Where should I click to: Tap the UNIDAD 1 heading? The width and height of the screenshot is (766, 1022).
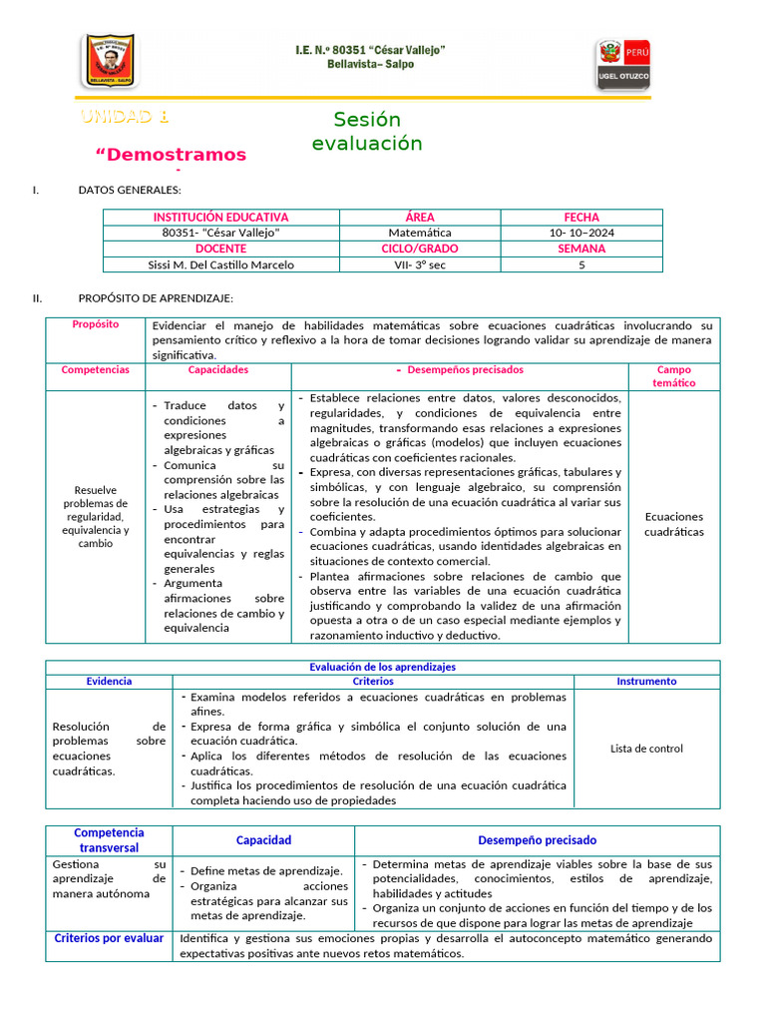(125, 117)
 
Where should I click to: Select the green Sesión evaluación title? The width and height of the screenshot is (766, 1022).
(367, 132)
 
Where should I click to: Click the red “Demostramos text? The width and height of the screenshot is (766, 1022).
(170, 155)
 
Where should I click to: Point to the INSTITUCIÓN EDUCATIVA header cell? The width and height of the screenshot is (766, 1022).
(220, 218)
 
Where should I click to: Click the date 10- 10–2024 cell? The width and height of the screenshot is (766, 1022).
(580, 233)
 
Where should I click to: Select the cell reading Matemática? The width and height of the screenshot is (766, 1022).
(419, 233)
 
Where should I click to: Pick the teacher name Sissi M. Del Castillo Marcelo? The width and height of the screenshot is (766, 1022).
(220, 264)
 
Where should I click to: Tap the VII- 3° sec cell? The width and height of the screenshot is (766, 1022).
(419, 264)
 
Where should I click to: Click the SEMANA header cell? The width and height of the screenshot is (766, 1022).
(580, 249)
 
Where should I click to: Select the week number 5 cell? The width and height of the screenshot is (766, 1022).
(580, 264)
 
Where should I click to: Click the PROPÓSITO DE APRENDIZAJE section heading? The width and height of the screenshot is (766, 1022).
(156, 298)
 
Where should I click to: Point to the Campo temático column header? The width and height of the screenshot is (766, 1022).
(673, 376)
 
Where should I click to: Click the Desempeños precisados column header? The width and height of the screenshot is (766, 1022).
(460, 369)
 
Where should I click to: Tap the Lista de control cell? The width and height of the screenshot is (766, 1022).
(646, 749)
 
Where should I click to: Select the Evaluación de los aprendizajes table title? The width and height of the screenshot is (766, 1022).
(383, 667)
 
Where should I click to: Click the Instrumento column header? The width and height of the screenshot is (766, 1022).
(646, 681)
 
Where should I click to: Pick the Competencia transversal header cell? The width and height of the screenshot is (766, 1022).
(110, 840)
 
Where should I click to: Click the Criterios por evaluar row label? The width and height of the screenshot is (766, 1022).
(110, 938)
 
